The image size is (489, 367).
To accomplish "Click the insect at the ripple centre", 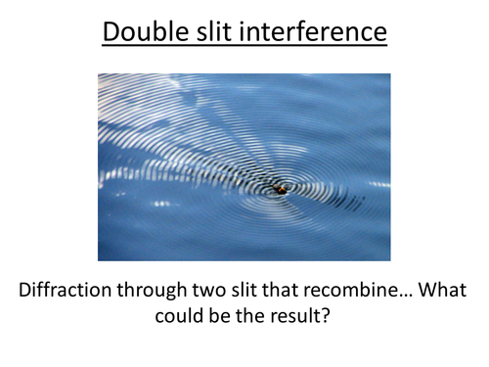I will point(281,189).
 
